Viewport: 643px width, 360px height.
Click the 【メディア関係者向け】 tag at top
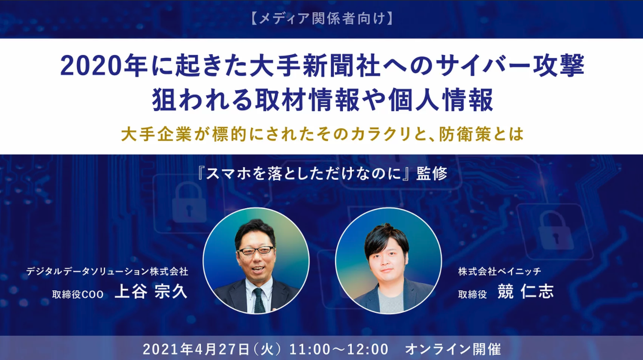click(x=321, y=18)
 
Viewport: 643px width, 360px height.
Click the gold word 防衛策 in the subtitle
click(x=466, y=134)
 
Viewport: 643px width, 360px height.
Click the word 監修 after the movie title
click(x=432, y=173)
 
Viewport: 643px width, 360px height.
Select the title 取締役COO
click(x=78, y=294)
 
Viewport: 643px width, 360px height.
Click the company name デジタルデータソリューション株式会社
click(x=107, y=271)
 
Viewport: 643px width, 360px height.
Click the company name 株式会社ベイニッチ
click(x=499, y=271)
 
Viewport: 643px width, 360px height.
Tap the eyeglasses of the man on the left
click(x=256, y=251)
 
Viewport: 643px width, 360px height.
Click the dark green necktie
click(x=259, y=300)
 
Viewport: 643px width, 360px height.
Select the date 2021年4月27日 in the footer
click(x=196, y=349)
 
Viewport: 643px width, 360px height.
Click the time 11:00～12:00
click(x=339, y=349)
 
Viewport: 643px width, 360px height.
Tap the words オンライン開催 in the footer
click(x=453, y=349)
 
